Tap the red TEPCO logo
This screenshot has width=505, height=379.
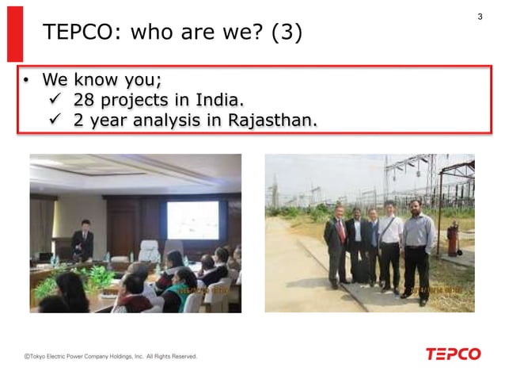pos(453,354)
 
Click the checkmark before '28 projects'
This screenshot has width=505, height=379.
pos(56,101)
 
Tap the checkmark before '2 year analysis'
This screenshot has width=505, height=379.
pos(56,121)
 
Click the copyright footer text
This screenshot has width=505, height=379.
pos(110,357)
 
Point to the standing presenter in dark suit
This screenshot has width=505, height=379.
pos(83,241)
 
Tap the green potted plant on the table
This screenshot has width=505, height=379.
pos(98,277)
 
